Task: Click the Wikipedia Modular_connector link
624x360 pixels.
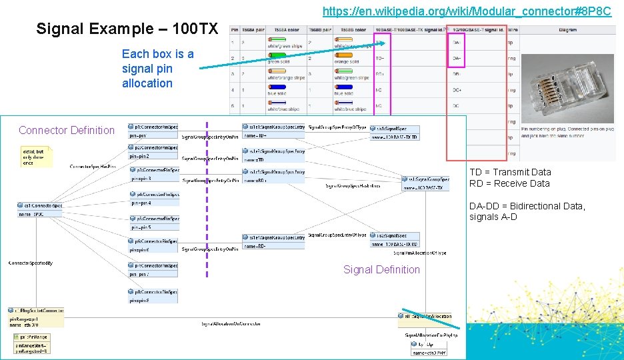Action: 466,11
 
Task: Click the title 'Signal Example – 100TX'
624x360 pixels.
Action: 127,29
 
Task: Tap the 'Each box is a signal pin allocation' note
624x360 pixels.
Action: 158,69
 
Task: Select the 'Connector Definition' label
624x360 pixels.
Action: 67,130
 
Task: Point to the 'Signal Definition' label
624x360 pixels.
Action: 381,269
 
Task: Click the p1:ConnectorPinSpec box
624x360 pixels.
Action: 153,131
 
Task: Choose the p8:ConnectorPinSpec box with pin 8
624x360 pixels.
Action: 153,296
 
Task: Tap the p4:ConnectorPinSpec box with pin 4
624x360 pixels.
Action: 153,199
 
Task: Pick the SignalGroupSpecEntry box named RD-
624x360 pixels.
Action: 273,241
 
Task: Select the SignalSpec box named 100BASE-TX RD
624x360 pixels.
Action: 395,240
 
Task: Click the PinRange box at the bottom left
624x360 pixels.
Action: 31,343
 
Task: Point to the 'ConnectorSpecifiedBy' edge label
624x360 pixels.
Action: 31,263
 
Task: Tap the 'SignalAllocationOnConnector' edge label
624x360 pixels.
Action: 231,324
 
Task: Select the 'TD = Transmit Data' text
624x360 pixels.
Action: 510,172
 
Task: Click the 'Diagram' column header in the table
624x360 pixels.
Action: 568,30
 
